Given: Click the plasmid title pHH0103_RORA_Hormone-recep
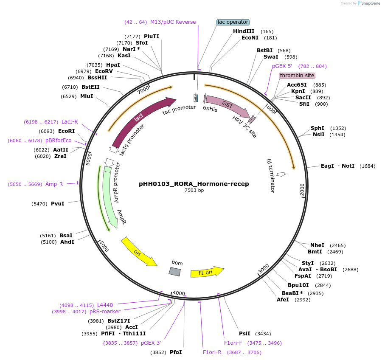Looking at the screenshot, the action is point(194,184).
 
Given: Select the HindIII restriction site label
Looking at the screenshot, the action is point(244,31).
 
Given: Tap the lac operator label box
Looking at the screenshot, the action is point(233,22).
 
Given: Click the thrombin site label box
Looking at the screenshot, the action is point(297,76).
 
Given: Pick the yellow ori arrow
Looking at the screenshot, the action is point(138,251).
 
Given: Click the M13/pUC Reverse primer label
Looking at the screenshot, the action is point(173,22).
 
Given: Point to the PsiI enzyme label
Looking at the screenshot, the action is point(244,334).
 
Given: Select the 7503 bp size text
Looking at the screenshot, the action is point(194,191).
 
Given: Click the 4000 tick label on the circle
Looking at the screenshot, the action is point(179,293).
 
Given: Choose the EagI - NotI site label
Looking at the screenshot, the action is point(337,166).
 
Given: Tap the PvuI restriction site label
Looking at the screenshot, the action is point(58,204).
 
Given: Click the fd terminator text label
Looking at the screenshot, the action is point(270,175).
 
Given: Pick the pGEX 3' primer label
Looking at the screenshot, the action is point(151,343).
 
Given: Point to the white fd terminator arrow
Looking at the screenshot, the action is point(281,174).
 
